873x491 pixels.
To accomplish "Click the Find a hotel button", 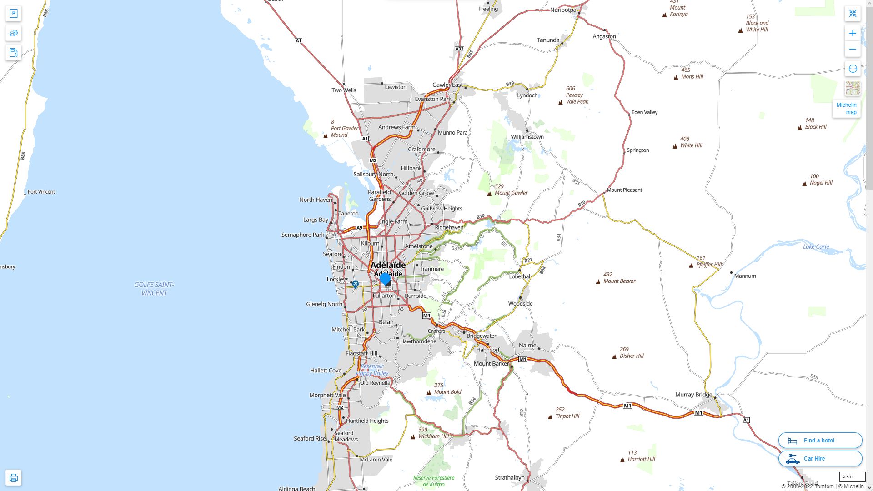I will [x=820, y=440].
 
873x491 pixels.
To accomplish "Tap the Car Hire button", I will [x=820, y=458].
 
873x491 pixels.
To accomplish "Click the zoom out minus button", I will [x=853, y=49].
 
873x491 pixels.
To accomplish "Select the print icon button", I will [x=13, y=477].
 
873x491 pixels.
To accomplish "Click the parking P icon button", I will [x=13, y=14].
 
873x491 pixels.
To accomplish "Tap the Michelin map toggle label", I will [x=847, y=109].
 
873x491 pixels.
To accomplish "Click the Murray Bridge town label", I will [x=693, y=395].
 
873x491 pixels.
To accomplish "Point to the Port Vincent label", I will [x=41, y=192].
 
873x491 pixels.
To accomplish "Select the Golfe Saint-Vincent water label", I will [x=154, y=289].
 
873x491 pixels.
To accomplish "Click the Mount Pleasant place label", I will [x=624, y=190].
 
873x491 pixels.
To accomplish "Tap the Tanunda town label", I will [x=548, y=40].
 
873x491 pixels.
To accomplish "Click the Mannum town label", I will [x=745, y=276].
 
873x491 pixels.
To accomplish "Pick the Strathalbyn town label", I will [x=510, y=477].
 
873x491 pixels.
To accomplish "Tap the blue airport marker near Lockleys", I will [x=356, y=284].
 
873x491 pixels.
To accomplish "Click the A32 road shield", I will [x=459, y=49].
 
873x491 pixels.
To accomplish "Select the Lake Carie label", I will [x=816, y=246].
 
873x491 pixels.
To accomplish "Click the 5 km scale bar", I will [x=852, y=477].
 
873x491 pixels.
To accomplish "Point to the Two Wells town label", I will [x=344, y=90].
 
